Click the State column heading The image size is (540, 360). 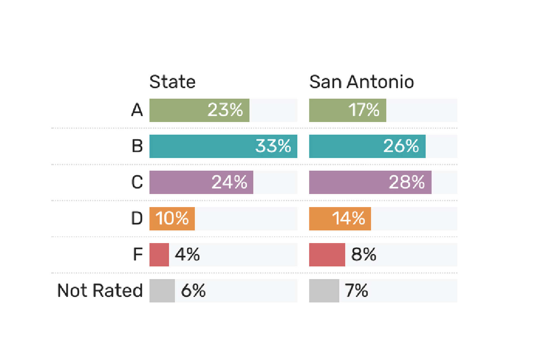pos(172,82)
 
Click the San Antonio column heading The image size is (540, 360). pos(361,82)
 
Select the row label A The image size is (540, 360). pos(137,110)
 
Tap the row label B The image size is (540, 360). pos(137,146)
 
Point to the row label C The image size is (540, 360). pos(137,182)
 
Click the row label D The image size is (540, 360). pos(137,218)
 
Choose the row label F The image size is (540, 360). pos(138,254)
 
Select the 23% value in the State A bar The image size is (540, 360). pos(225,110)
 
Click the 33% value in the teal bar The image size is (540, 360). pos(273,146)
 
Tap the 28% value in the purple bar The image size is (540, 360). pos(406,182)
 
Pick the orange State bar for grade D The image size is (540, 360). pos(172,219)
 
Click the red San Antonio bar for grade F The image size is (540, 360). pos(327,255)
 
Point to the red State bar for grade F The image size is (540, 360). pos(159,255)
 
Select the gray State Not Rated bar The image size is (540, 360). pos(162,291)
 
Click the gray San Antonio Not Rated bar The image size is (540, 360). pos(324,291)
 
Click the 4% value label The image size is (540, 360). pos(187,254)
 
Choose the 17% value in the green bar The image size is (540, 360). pos(364,110)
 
